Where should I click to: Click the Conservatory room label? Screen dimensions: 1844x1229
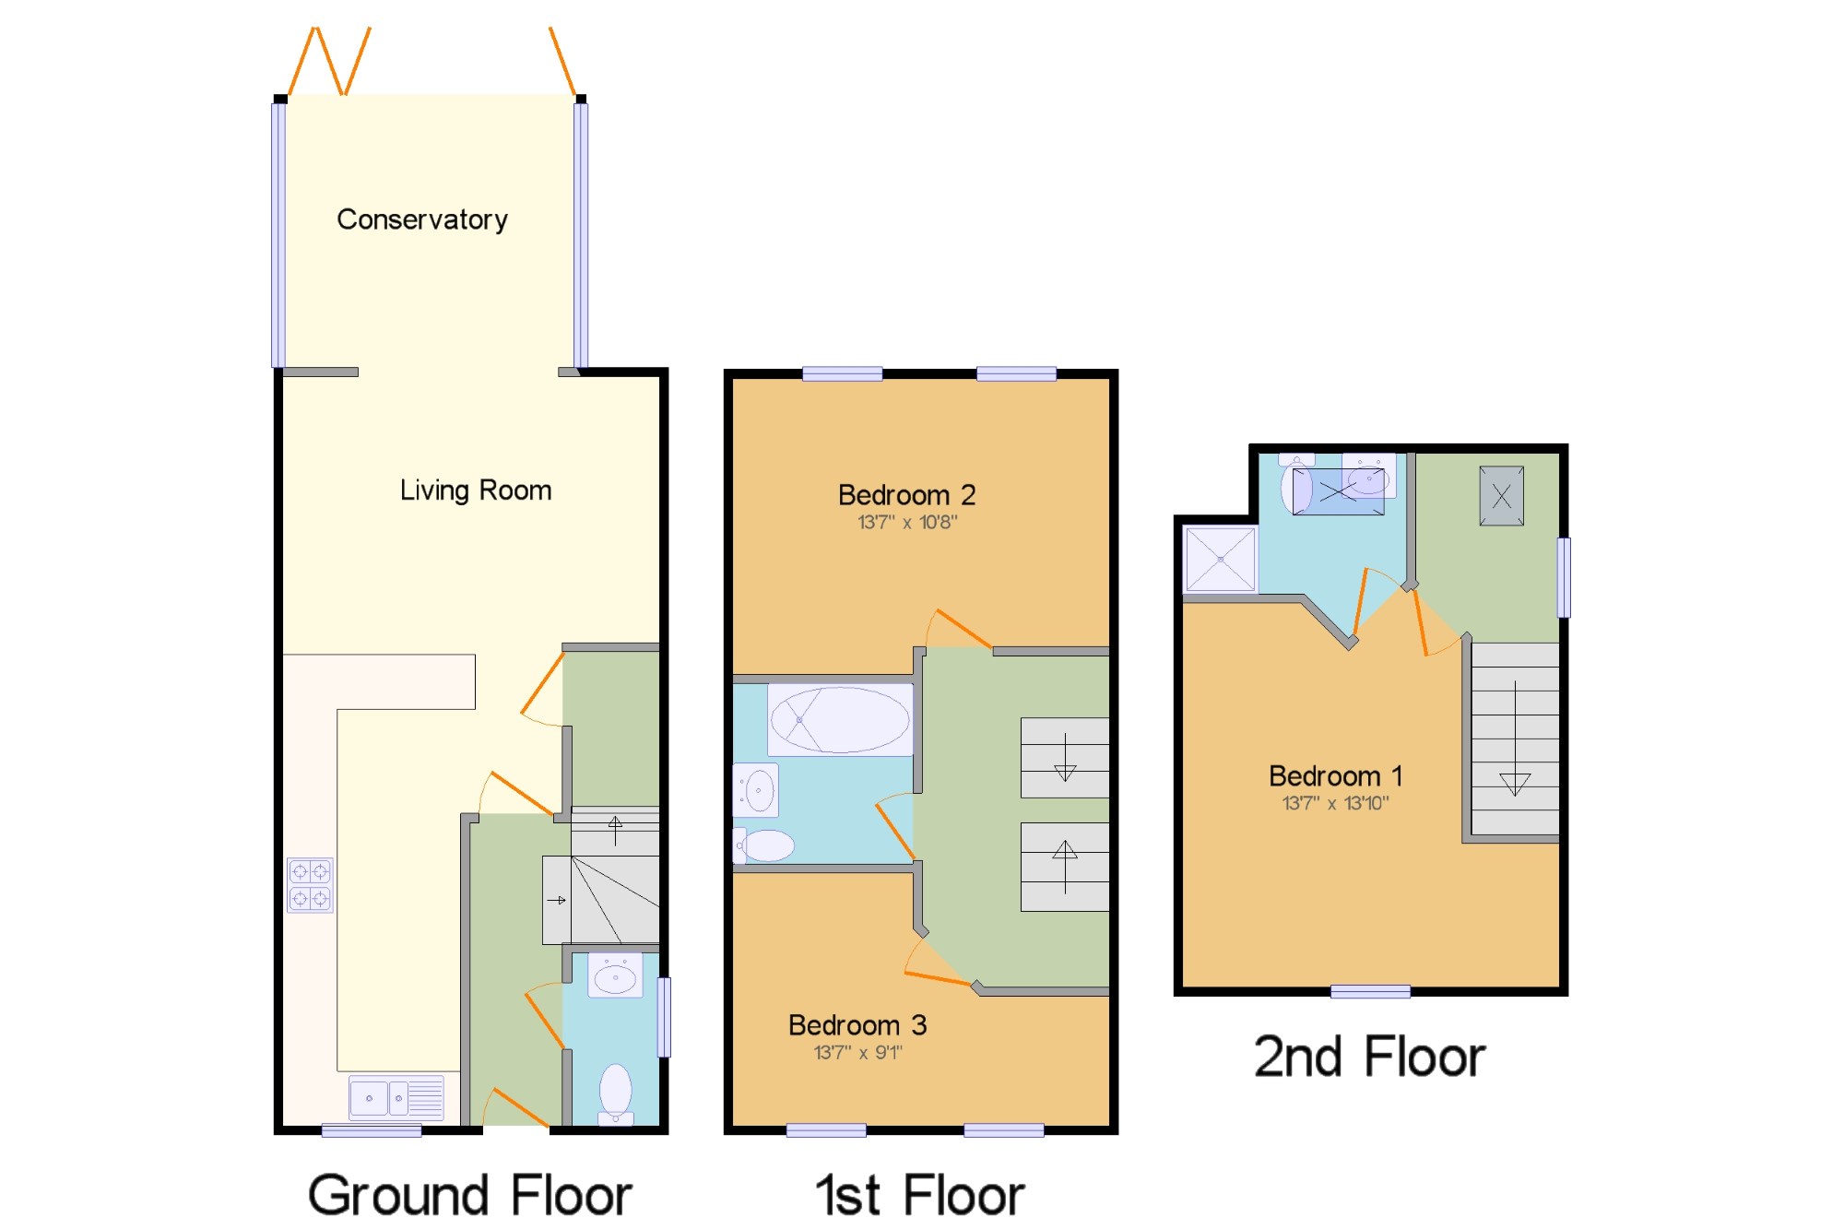tap(422, 219)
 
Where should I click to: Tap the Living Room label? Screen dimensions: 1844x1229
tap(476, 490)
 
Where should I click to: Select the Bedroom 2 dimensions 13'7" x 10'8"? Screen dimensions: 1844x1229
tap(907, 523)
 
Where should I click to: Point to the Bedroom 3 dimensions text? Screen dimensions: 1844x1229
tap(857, 1052)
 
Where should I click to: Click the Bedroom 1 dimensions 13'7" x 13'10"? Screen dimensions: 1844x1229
tap(1335, 803)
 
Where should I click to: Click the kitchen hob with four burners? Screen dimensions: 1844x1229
tap(310, 885)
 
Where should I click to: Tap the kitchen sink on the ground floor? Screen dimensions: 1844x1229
tap(396, 1098)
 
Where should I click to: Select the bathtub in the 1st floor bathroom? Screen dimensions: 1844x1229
tap(840, 719)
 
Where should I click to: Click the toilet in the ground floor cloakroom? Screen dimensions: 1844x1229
tap(616, 1094)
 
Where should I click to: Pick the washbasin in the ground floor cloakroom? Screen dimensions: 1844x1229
tap(615, 975)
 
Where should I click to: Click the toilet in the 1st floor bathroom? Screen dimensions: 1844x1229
tap(763, 845)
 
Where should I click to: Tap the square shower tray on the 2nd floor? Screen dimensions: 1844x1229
tap(1221, 559)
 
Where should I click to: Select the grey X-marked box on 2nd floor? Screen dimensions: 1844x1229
tap(1501, 496)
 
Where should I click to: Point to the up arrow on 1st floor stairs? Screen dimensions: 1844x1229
tap(1065, 867)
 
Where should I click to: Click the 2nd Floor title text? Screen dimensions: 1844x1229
tap(1369, 1057)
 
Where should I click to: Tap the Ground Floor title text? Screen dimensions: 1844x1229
tap(470, 1196)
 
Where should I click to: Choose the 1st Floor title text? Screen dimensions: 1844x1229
tap(920, 1196)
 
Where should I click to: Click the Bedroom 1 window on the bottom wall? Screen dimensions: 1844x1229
tap(1370, 991)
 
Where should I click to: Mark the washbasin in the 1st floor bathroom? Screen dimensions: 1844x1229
tap(756, 790)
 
